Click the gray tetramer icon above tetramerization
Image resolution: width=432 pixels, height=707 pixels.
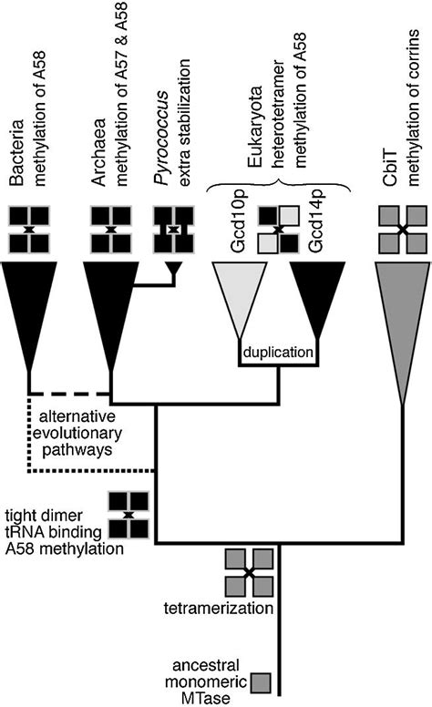[x=249, y=572]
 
